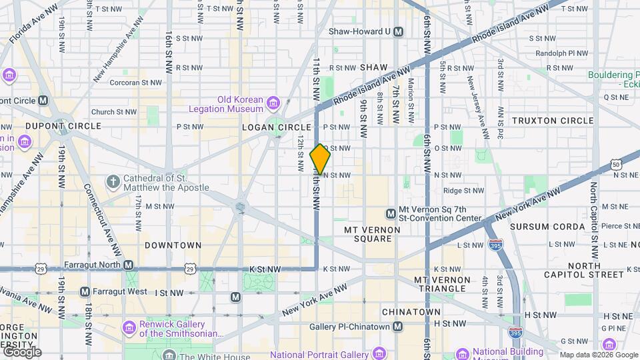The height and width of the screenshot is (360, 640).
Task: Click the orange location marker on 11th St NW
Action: (x=321, y=159)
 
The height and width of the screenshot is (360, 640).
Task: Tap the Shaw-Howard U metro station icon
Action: (x=398, y=31)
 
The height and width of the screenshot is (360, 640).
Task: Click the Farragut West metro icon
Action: (x=85, y=292)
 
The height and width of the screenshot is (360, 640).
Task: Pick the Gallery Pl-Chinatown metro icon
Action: (x=397, y=326)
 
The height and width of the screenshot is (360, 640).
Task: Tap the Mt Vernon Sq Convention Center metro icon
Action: (x=391, y=213)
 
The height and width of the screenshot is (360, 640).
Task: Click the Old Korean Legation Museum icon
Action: (x=273, y=103)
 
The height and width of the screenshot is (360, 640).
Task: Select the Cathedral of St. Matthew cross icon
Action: (x=113, y=181)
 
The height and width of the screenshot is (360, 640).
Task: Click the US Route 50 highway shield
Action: (x=615, y=163)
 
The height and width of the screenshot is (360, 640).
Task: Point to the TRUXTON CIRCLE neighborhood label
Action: (x=552, y=121)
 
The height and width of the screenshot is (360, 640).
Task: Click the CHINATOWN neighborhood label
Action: (x=411, y=311)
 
